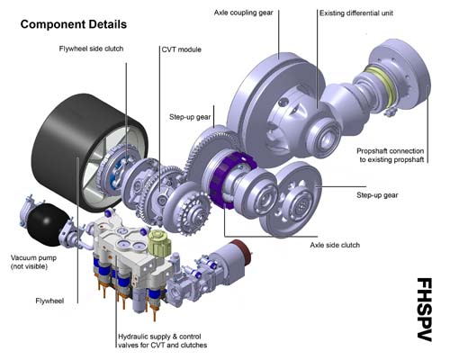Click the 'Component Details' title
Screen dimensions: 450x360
pyautogui.click(x=74, y=24)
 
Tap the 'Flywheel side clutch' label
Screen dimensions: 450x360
pyautogui.click(x=91, y=49)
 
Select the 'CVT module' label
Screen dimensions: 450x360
pyautogui.click(x=182, y=49)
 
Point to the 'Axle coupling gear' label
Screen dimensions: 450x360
pyautogui.click(x=244, y=13)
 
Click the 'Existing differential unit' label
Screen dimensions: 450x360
pyautogui.click(x=356, y=13)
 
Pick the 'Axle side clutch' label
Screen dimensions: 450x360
pyautogui.click(x=335, y=245)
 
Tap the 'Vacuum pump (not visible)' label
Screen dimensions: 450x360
pyautogui.click(x=33, y=262)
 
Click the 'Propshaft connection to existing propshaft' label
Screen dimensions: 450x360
pyautogui.click(x=391, y=156)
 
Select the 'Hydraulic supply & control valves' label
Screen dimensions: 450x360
pyautogui.click(x=163, y=341)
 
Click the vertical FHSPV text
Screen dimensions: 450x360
pyautogui.click(x=424, y=310)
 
